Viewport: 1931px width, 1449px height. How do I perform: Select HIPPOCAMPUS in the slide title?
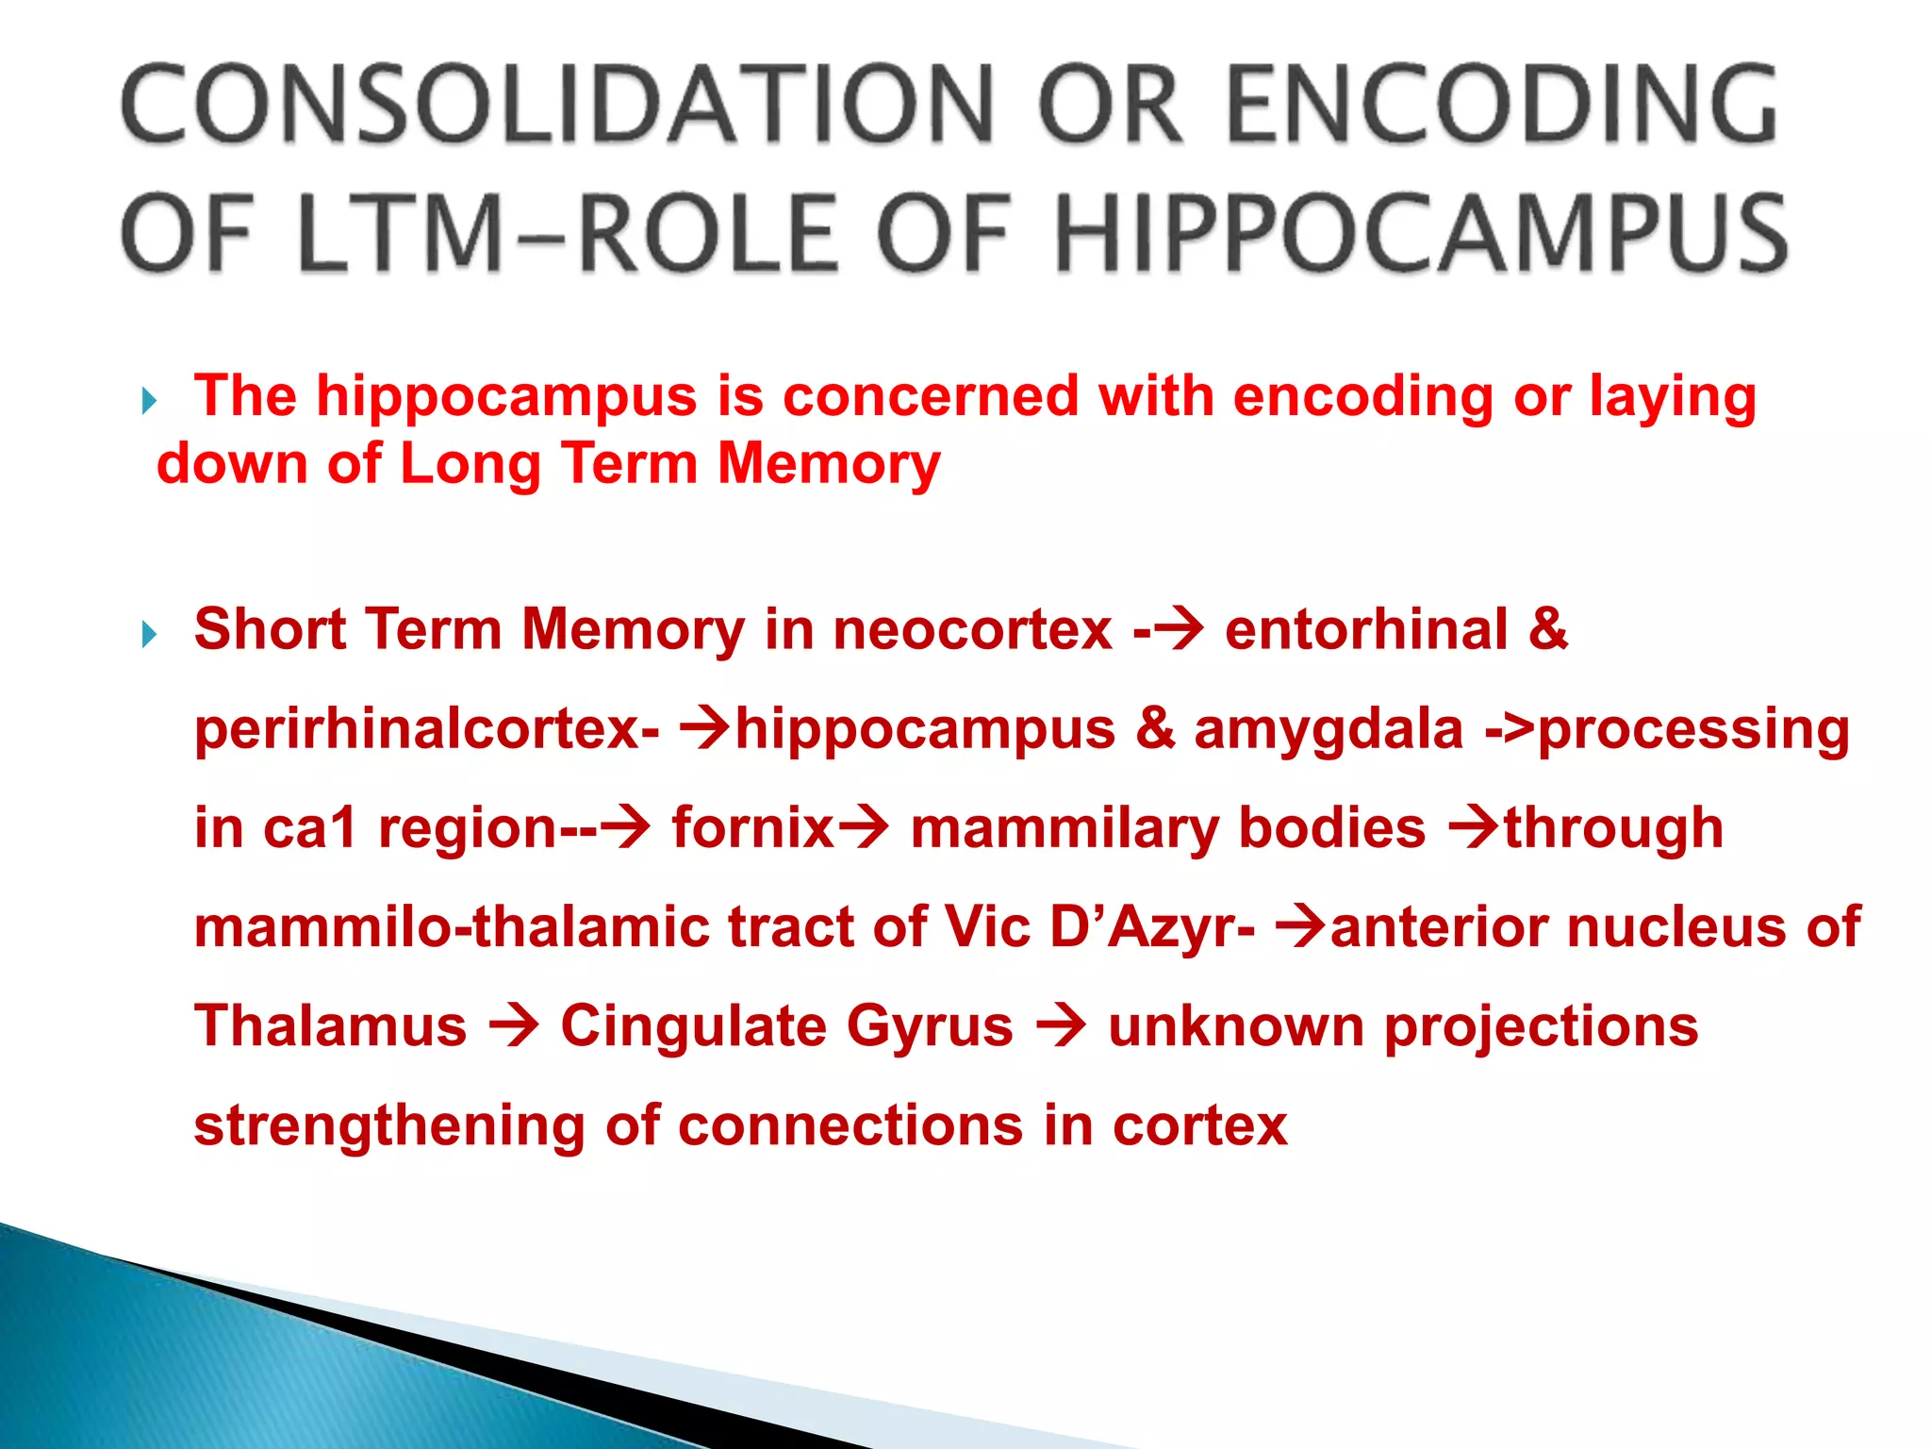click(x=1419, y=233)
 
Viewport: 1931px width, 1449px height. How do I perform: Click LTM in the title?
click(x=400, y=233)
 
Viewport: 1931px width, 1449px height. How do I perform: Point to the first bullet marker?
click(x=149, y=402)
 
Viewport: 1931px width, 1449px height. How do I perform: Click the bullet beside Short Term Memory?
click(x=149, y=634)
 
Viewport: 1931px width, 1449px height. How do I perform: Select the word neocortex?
click(x=972, y=630)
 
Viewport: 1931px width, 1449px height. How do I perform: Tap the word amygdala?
click(x=1329, y=729)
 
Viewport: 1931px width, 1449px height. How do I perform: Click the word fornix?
click(x=752, y=828)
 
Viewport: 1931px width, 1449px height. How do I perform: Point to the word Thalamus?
click(x=330, y=1026)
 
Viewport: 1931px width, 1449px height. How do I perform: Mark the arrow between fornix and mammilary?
click(x=863, y=828)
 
